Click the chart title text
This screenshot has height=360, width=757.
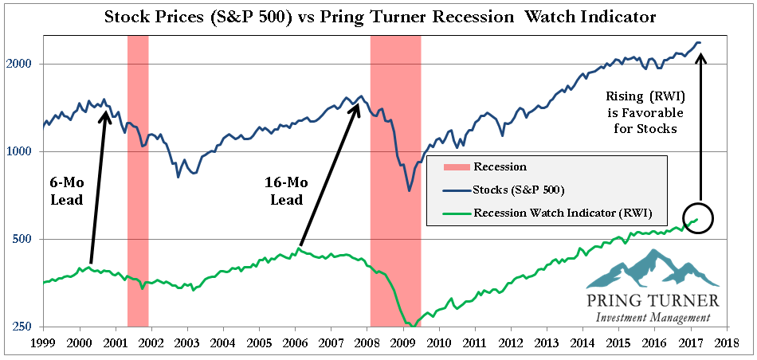coord(378,16)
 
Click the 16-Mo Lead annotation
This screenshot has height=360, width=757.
coord(283,191)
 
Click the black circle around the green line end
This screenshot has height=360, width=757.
coord(699,218)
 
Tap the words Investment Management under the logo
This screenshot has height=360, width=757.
coord(653,319)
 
